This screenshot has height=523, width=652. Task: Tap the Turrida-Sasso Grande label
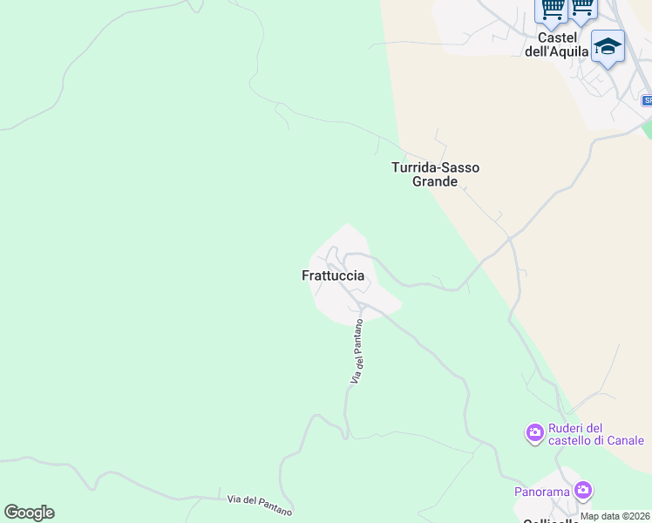(x=435, y=174)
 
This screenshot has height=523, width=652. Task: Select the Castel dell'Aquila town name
(x=558, y=44)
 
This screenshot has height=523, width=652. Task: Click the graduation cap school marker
(x=608, y=46)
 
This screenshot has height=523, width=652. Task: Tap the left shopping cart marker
(x=551, y=9)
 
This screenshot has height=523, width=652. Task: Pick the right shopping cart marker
(x=581, y=7)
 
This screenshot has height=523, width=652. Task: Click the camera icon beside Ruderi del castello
(x=534, y=432)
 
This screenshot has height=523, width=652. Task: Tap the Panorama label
(x=541, y=492)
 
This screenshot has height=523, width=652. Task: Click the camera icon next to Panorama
(x=583, y=491)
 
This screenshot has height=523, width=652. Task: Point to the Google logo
(x=29, y=513)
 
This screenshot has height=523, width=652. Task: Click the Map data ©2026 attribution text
(x=615, y=516)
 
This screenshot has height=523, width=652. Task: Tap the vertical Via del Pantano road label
(x=357, y=351)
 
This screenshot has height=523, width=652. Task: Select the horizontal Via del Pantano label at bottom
(x=260, y=504)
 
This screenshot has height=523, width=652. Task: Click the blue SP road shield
(x=647, y=100)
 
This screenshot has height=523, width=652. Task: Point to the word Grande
(x=435, y=182)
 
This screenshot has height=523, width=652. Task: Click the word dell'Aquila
(x=558, y=51)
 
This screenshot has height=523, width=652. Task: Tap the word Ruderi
(x=566, y=428)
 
